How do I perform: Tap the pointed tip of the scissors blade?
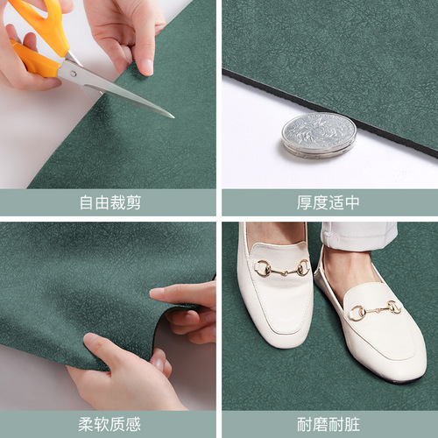click(x=172, y=116)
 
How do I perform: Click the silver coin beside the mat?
click(x=319, y=134)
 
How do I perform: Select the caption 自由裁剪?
click(x=109, y=203)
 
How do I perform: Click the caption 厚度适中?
click(x=328, y=203)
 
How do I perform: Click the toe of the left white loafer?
click(x=276, y=337)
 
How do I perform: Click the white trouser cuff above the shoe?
click(x=359, y=233)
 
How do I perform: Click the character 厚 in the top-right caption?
click(x=305, y=203)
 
